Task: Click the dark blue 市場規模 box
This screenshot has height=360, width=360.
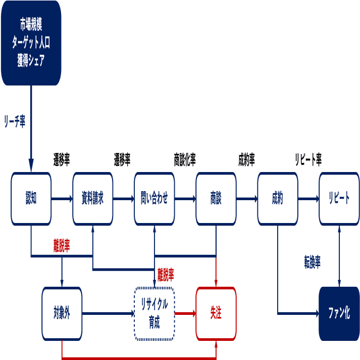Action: [x=31, y=42]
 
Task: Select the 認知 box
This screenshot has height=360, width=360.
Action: [x=31, y=199]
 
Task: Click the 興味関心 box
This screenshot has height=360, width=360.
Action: [x=92, y=199]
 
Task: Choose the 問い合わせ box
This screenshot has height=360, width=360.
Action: [x=154, y=199]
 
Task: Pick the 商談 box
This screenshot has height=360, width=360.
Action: [x=215, y=199]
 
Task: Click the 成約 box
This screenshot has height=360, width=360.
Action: [x=277, y=199]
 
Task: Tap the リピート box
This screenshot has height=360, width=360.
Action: [x=338, y=199]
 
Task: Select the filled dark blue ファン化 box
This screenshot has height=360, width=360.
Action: [x=338, y=314]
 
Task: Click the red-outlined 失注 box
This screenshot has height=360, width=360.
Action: [x=216, y=314]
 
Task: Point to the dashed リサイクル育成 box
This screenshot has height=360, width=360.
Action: [x=154, y=314]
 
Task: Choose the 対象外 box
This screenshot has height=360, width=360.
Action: [x=62, y=314]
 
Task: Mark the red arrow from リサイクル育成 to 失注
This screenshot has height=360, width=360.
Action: [x=185, y=314]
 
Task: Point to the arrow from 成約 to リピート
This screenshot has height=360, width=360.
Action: [x=307, y=200]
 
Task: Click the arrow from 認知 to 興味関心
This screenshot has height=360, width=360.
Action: [x=62, y=200]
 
